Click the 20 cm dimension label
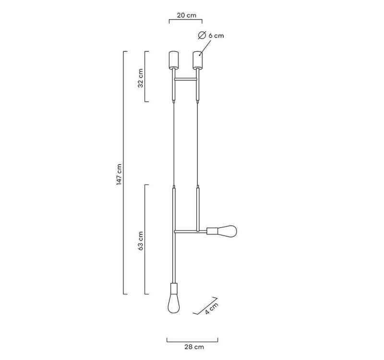187,15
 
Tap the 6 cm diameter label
216,36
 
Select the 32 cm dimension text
140,78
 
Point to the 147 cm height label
119,174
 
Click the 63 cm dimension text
140,241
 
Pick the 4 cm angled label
211,308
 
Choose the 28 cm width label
194,347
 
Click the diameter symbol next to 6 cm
202,36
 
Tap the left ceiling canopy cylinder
174,60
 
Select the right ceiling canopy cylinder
197,60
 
